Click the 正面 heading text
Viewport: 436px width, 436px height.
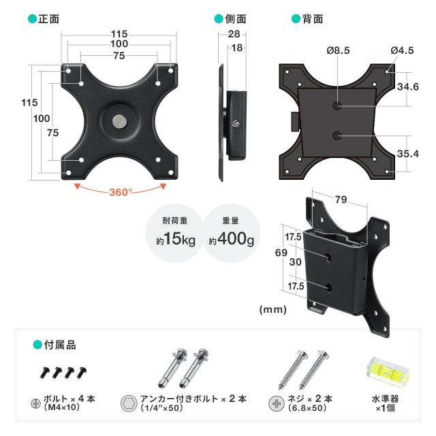(x=48, y=19)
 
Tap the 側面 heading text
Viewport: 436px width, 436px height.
(x=236, y=19)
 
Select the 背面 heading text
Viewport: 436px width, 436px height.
(x=313, y=19)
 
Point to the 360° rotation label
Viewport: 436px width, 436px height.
(x=120, y=192)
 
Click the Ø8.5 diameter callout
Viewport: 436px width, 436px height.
(x=338, y=50)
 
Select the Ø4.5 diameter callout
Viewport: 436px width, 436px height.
(x=402, y=50)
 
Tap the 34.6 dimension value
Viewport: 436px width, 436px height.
(x=407, y=87)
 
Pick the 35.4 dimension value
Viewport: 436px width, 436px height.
(x=407, y=154)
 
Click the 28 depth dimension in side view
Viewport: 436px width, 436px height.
(x=234, y=34)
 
